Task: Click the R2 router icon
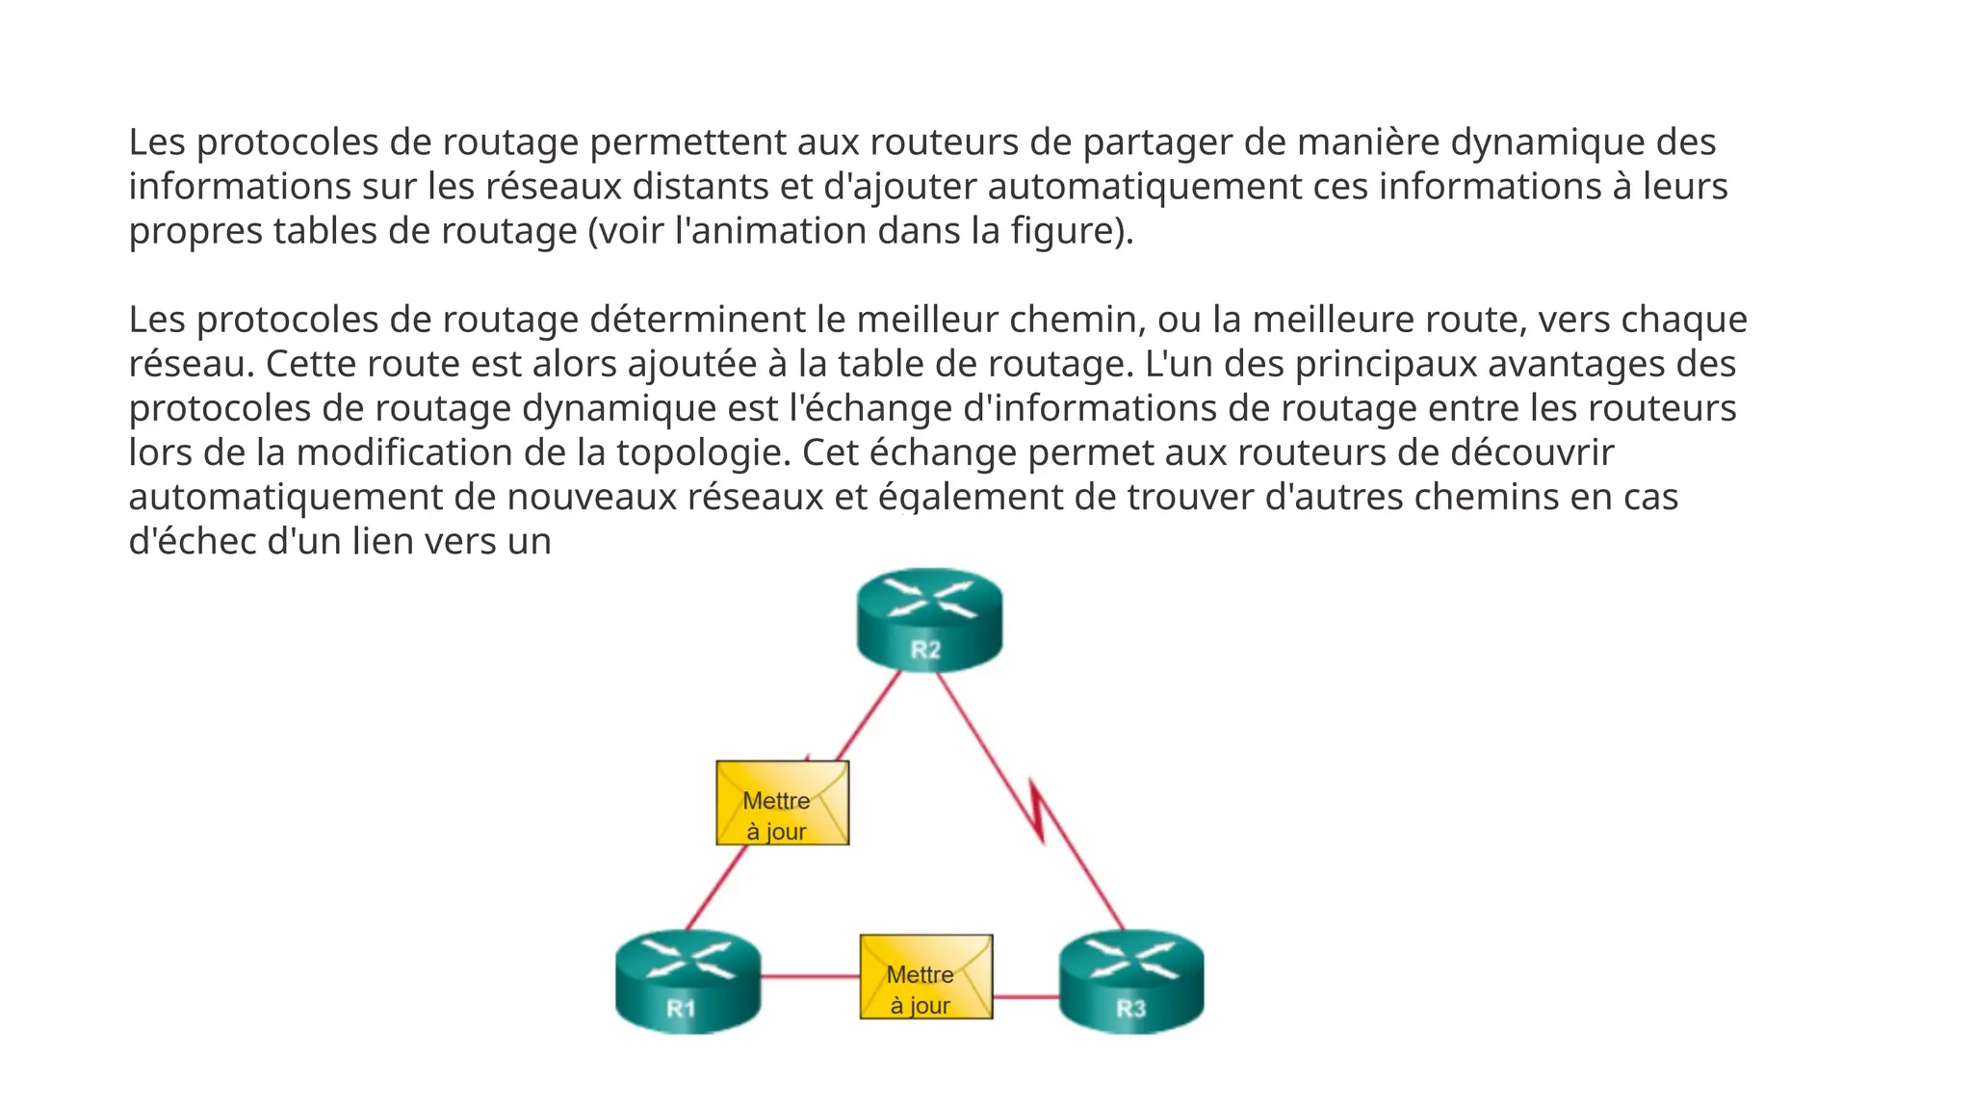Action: pos(929,618)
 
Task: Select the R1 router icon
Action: pos(688,980)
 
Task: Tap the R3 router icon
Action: pos(1131,980)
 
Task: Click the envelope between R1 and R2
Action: pos(782,803)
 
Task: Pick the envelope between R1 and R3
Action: pos(925,976)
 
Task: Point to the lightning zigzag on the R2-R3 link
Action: pos(1038,811)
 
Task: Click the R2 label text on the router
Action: pos(925,650)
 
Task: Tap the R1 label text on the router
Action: pos(681,1009)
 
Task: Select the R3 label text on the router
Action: pos(1130,1009)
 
